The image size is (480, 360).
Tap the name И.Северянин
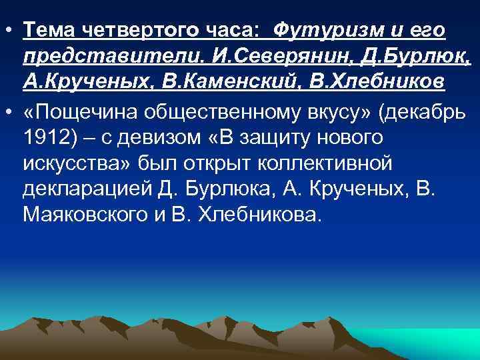pyautogui.click(x=274, y=55)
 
